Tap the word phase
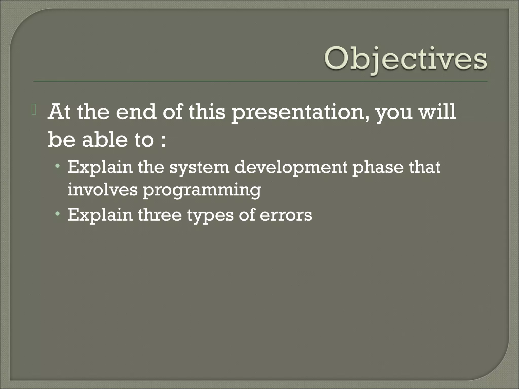[x=378, y=168]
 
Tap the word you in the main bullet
[x=394, y=113]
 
